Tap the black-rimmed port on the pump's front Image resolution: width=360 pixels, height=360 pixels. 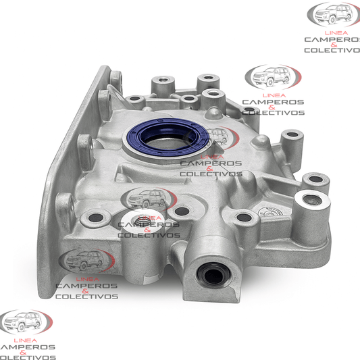pos(213,274)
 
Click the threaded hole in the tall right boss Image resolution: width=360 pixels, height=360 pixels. pos(312,200)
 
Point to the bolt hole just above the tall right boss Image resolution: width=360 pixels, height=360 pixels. pos(316,179)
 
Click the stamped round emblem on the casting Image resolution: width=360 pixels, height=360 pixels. pos(270,212)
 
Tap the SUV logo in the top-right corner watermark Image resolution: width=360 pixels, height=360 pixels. pos(334,14)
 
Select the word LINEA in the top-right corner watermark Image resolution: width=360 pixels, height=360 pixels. pos(336,33)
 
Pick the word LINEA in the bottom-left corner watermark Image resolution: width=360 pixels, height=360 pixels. pos(26,340)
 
